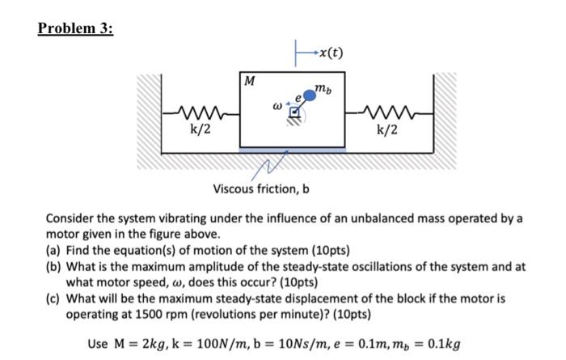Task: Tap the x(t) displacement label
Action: click(331, 54)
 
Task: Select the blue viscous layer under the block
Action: click(293, 150)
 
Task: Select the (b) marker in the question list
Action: click(54, 266)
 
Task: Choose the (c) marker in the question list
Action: click(54, 298)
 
